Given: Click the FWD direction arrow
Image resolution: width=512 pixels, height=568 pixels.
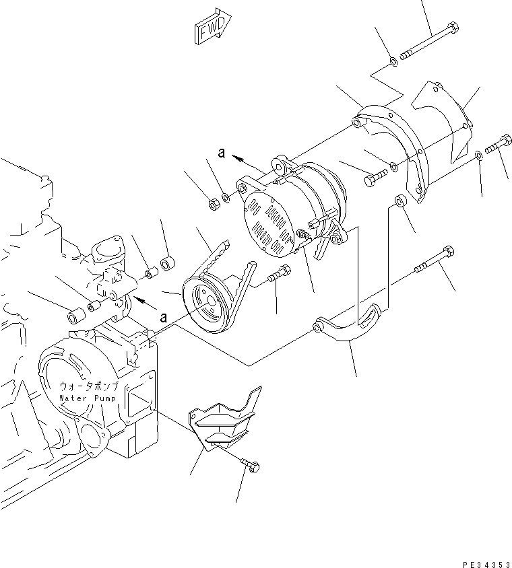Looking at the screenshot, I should [x=212, y=26].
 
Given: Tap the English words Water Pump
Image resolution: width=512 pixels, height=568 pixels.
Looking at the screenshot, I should [x=88, y=398].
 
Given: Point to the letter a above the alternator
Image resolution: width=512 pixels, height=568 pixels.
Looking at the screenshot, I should [x=221, y=153].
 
